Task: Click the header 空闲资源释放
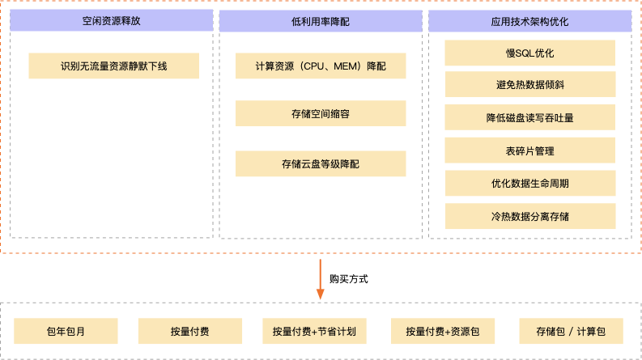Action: pos(112,22)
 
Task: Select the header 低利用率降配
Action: pos(321,22)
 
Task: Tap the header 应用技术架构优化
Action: pos(530,22)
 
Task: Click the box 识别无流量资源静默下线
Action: pos(113,66)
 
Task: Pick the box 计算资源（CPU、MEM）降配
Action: pos(321,66)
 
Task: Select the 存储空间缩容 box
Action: pos(321,114)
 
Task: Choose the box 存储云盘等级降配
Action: pos(321,163)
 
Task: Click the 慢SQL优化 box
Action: pos(530,54)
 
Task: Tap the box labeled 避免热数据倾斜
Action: pos(530,85)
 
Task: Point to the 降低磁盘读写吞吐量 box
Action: pos(530,117)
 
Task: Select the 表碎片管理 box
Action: pos(530,150)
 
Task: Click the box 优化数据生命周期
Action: pos(530,183)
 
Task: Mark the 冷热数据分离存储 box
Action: pos(530,216)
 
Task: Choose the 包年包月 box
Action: pos(66,331)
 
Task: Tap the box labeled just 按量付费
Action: pos(190,331)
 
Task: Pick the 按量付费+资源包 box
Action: pos(443,331)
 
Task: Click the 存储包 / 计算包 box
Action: pos(570,331)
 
